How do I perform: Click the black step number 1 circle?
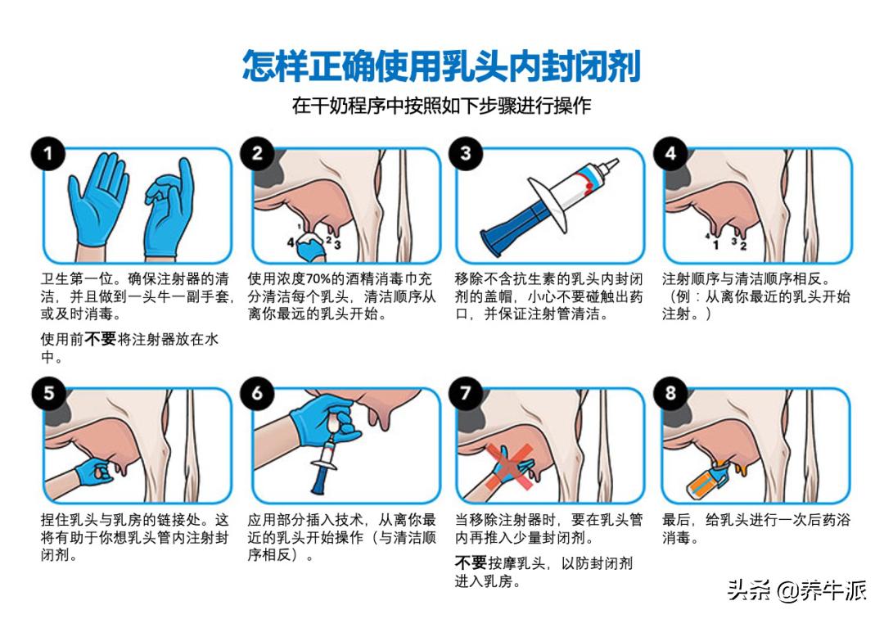click(47, 153)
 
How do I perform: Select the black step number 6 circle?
click(256, 394)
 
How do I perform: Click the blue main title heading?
click(441, 66)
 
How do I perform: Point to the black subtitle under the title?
click(441, 106)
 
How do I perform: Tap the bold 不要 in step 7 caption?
click(471, 563)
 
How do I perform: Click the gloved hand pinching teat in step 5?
click(94, 472)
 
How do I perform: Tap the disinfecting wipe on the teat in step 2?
click(309, 244)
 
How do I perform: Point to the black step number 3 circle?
click(464, 153)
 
